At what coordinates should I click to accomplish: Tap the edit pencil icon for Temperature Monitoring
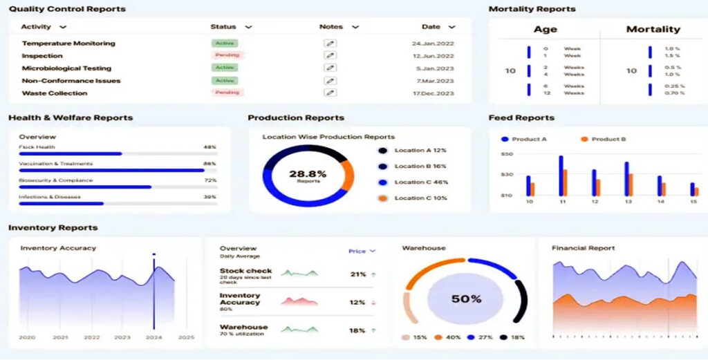(330, 44)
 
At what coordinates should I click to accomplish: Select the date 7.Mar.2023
(434, 81)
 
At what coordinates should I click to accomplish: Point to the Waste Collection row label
(55, 93)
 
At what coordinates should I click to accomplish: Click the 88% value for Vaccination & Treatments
(209, 164)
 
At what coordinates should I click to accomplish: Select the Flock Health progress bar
(118, 153)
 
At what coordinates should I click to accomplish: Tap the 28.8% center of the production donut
(308, 176)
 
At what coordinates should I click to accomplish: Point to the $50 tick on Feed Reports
(507, 154)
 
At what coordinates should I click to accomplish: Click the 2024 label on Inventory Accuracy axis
(153, 337)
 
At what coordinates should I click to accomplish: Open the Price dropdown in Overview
(362, 252)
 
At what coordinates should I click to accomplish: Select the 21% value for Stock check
(357, 274)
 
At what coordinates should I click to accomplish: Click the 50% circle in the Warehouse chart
(466, 299)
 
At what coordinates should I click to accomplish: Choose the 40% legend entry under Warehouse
(449, 337)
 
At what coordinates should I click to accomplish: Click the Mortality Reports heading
(532, 9)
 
